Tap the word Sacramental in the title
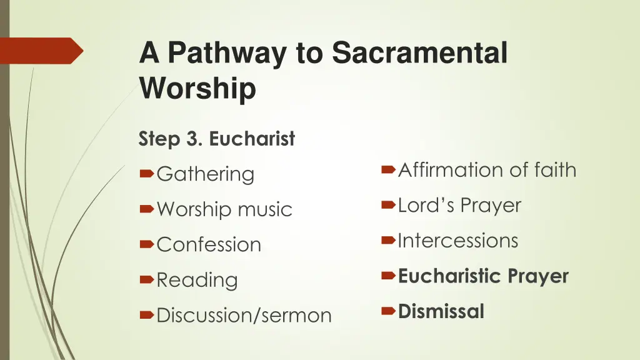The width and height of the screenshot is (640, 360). [419, 52]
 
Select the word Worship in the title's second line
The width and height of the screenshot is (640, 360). [197, 87]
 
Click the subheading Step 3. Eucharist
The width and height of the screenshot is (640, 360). [216, 139]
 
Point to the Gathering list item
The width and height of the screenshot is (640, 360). [206, 174]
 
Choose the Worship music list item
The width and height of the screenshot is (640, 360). [224, 209]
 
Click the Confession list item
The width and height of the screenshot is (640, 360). [209, 244]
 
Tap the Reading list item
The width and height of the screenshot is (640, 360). [197, 280]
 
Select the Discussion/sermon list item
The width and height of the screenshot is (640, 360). [244, 316]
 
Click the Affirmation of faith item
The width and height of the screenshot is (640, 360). [487, 169]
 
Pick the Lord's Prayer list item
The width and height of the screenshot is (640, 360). [459, 205]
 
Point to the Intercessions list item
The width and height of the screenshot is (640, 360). [458, 241]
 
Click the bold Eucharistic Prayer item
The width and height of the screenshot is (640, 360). [483, 276]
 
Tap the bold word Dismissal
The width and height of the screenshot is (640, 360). [441, 311]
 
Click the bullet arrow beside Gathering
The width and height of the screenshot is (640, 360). [147, 174]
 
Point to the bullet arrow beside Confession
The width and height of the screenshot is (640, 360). [147, 244]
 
